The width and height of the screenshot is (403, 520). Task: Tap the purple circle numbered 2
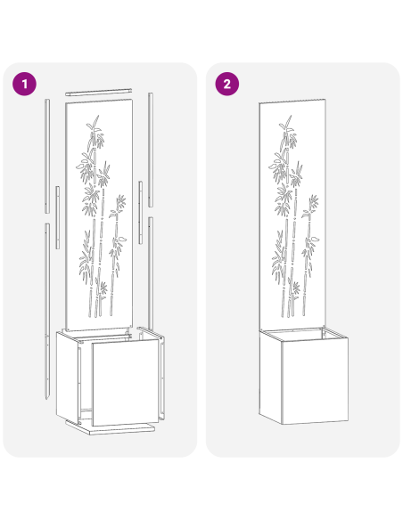pos(228,85)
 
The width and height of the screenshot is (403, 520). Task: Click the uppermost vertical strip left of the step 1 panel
pos(46,156)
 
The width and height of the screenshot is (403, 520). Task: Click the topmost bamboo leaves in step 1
pos(93,125)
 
